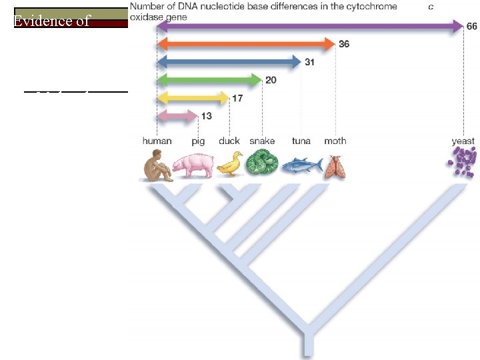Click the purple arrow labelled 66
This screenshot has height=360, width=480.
click(x=310, y=27)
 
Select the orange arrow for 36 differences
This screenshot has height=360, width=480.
click(x=246, y=44)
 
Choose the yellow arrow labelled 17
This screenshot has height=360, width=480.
click(x=193, y=99)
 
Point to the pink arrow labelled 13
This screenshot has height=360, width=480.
click(x=177, y=117)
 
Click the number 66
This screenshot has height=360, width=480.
click(x=471, y=26)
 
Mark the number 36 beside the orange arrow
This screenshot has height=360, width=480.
click(x=344, y=44)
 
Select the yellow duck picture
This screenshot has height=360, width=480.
click(x=230, y=164)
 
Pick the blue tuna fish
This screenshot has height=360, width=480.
click(x=301, y=165)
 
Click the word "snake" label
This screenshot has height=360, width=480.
click(x=262, y=141)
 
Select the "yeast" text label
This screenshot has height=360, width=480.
click(x=463, y=141)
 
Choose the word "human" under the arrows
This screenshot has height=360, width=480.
click(x=157, y=141)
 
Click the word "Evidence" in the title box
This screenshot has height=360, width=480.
click(x=39, y=21)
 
